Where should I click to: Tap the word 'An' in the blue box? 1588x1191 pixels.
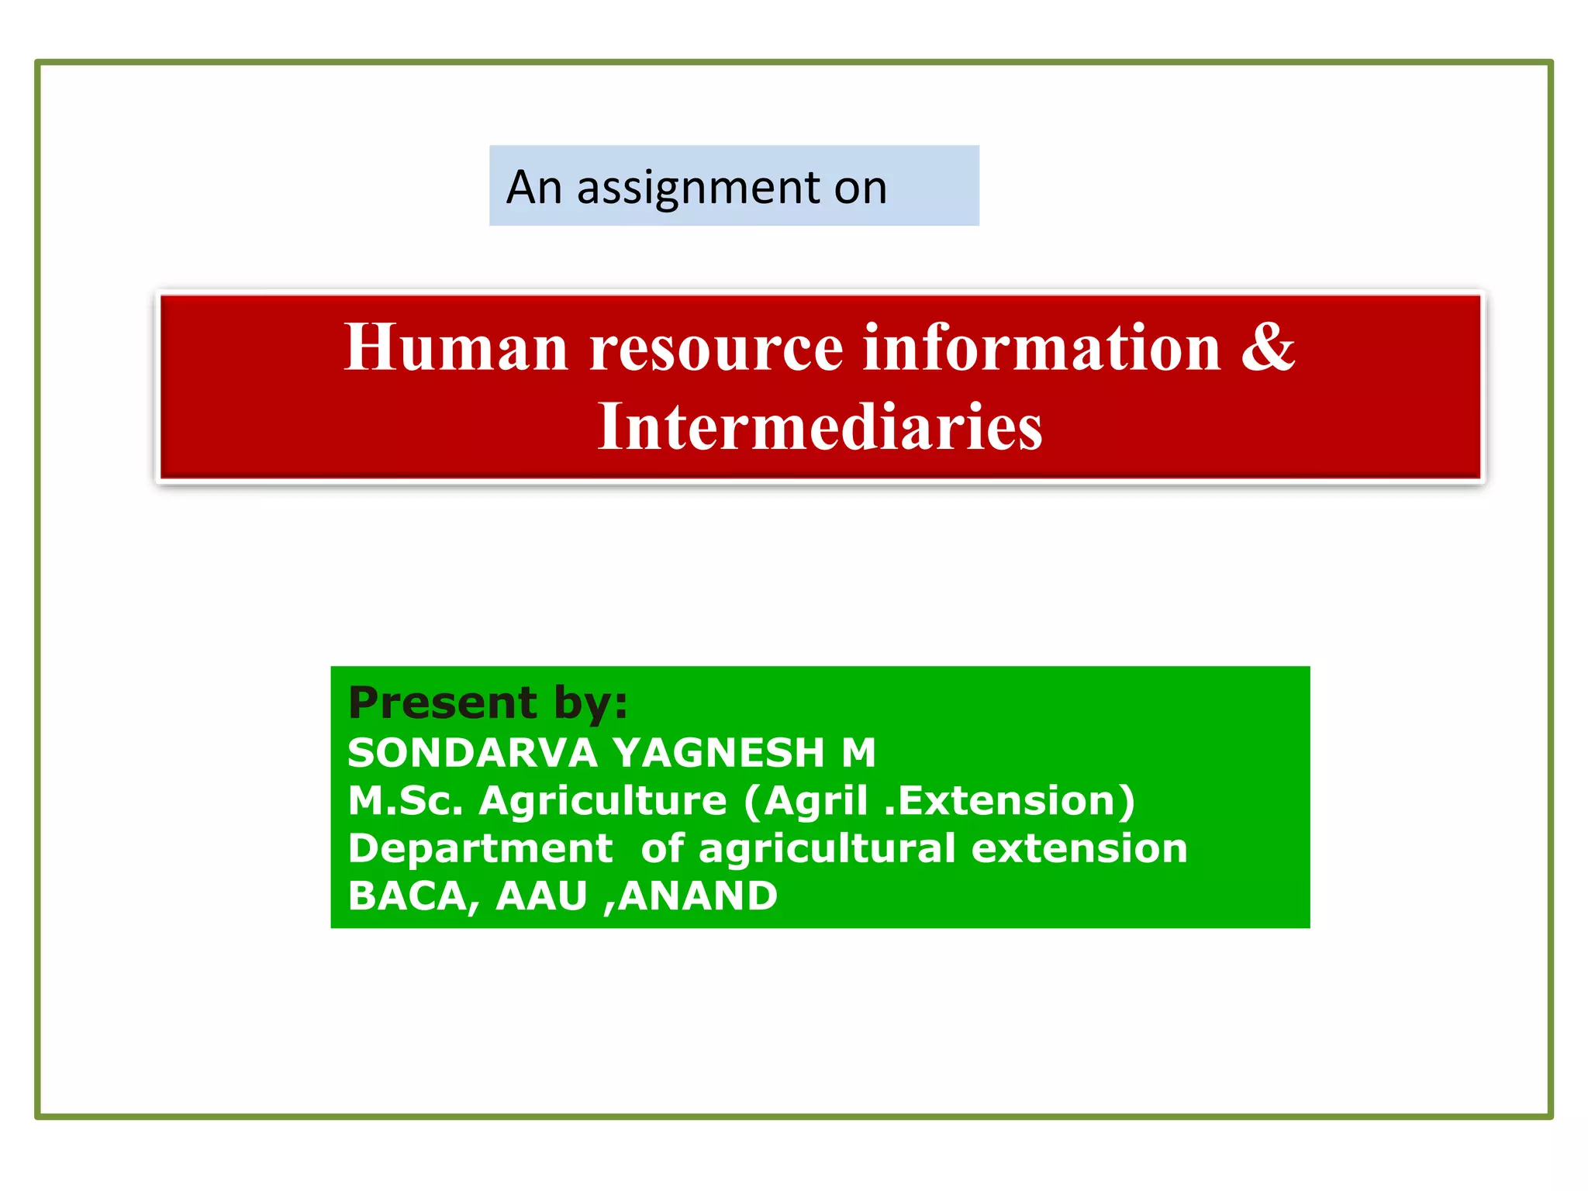click(x=533, y=188)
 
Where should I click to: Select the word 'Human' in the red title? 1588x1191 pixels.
click(x=456, y=348)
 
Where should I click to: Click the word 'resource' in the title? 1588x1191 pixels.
click(x=716, y=348)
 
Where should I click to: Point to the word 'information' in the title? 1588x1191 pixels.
click(x=1041, y=348)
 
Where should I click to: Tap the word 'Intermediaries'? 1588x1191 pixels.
click(x=820, y=427)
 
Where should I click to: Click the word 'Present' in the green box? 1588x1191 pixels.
click(x=442, y=703)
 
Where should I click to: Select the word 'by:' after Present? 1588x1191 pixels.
click(x=590, y=703)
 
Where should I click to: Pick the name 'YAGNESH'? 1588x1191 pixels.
click(x=718, y=753)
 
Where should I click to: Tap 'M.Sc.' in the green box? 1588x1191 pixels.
click(x=405, y=801)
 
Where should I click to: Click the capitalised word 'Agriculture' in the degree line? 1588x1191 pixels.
click(x=602, y=801)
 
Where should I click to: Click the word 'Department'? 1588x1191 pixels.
click(x=480, y=848)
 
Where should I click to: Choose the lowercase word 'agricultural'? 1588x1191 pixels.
click(x=827, y=848)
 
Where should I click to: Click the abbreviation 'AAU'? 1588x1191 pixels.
click(x=541, y=896)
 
